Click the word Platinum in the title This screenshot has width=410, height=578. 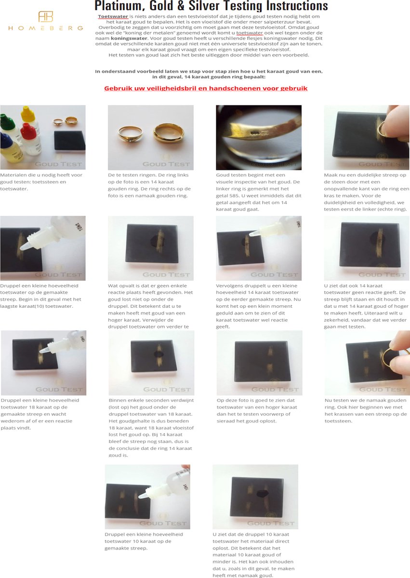[x=116, y=6]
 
